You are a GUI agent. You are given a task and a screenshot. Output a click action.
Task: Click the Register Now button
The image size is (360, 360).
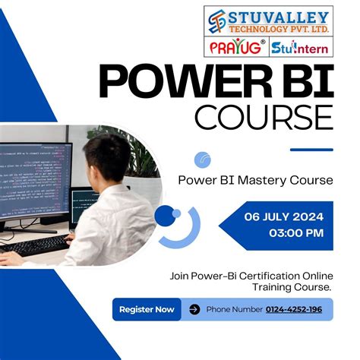[x=147, y=309]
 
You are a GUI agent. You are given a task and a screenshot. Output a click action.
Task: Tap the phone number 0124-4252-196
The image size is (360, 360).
[x=293, y=309]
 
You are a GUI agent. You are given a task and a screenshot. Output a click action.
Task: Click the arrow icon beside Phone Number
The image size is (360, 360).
[x=194, y=309]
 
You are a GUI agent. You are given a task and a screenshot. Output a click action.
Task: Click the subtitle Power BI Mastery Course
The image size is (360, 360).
[x=255, y=181]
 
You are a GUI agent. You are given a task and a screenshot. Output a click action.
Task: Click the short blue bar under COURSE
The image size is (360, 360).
[x=311, y=150]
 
